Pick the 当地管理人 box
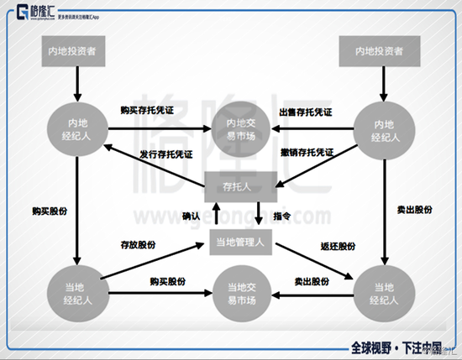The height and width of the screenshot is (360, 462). (242, 243)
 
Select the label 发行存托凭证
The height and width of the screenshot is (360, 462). (165, 155)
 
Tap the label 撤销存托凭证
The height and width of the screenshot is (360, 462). (307, 153)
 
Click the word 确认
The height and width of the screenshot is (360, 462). (192, 216)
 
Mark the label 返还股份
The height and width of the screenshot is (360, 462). (338, 246)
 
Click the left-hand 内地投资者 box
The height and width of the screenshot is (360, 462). (76, 53)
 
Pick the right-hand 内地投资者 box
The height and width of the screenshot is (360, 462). (375, 53)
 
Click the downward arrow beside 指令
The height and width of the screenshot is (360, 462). (261, 212)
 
